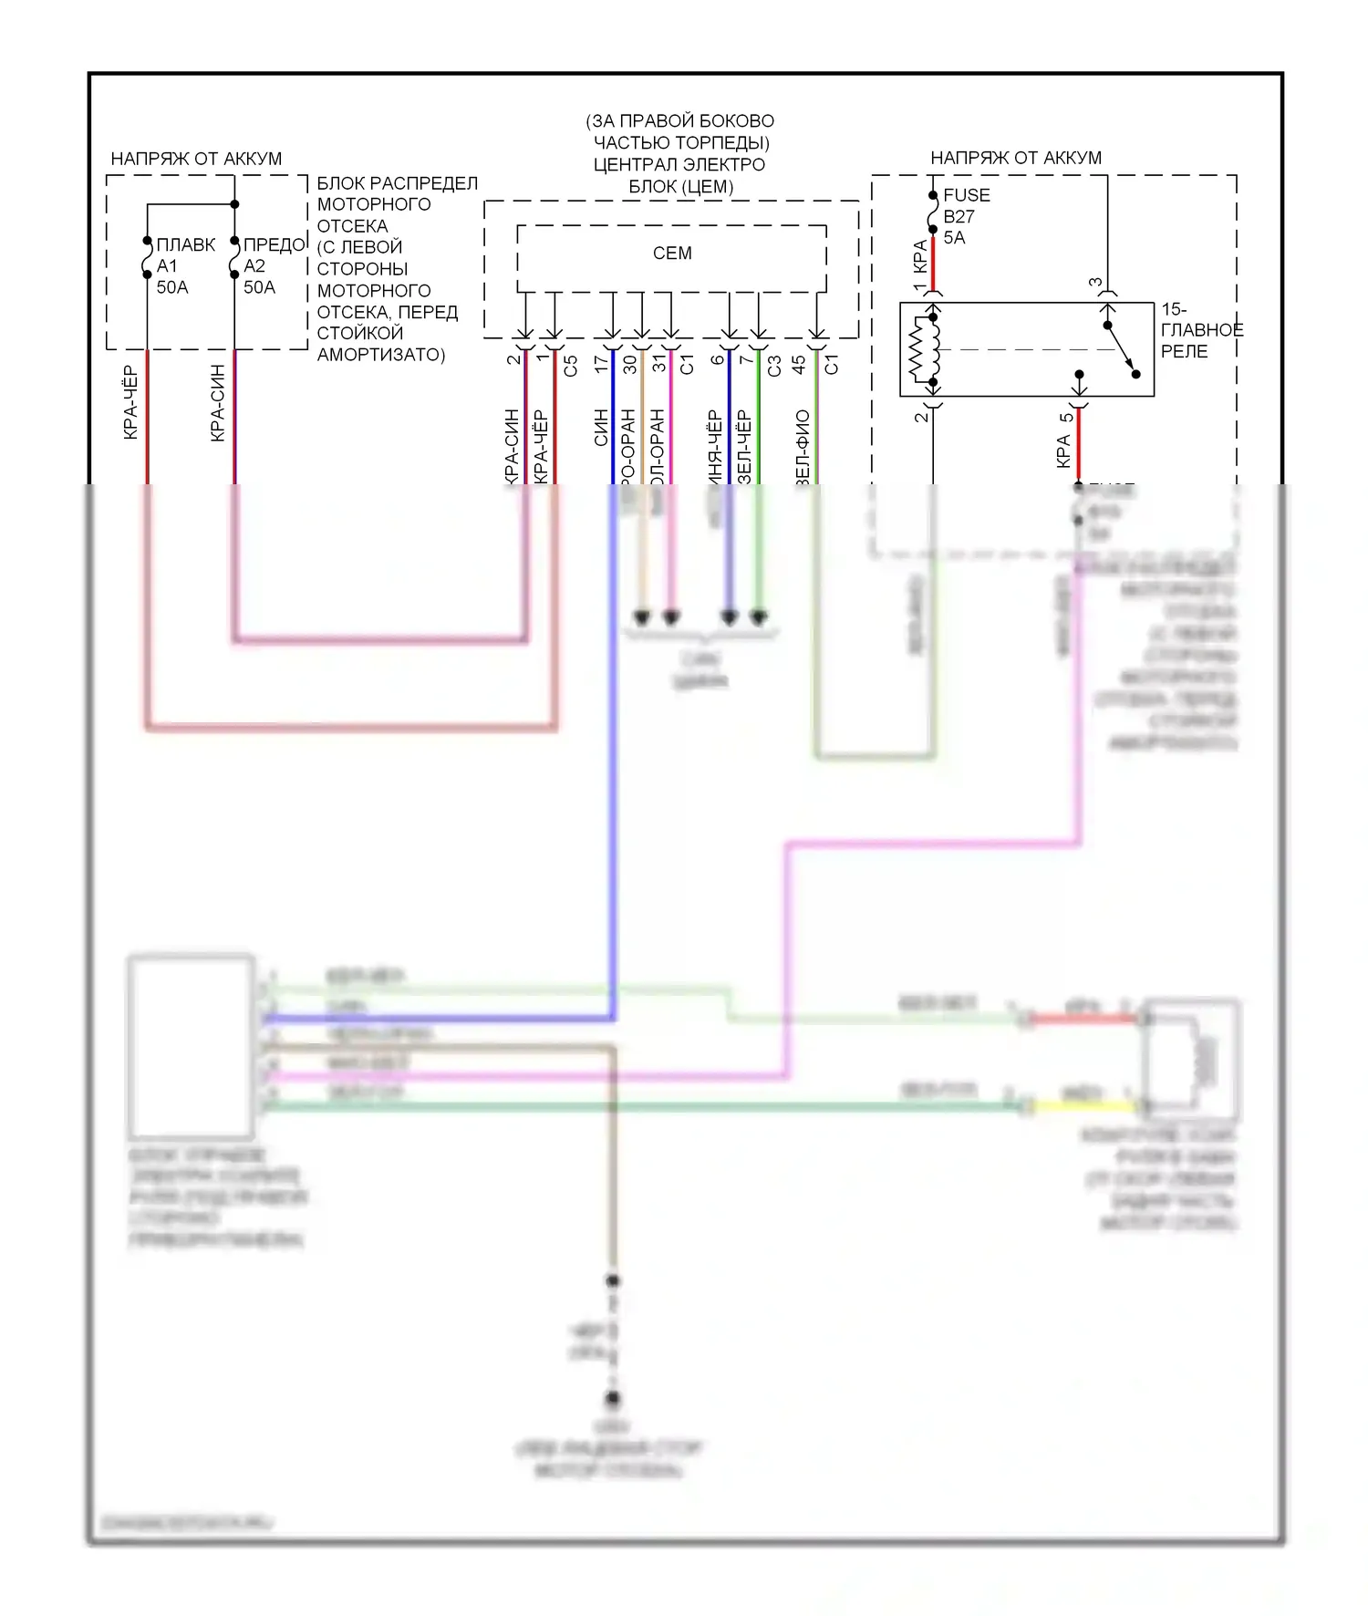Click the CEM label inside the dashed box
(x=672, y=254)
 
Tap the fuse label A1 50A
(x=171, y=266)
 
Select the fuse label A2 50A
(x=258, y=266)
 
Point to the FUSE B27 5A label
(x=964, y=216)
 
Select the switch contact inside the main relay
(x=1122, y=349)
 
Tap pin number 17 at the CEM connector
(x=600, y=363)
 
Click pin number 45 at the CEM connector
(x=799, y=364)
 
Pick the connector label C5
(x=571, y=366)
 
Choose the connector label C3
(x=774, y=366)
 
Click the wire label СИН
(x=601, y=428)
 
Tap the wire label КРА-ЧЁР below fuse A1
(x=130, y=402)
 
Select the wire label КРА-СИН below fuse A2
(x=218, y=403)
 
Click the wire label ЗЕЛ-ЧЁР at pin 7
(x=744, y=447)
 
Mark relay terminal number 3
(x=1095, y=283)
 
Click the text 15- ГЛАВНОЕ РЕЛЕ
(x=1200, y=330)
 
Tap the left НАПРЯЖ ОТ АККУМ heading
(x=196, y=159)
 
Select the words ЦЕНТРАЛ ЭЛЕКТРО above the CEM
(x=679, y=165)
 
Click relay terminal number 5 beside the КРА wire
(x=1065, y=419)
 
